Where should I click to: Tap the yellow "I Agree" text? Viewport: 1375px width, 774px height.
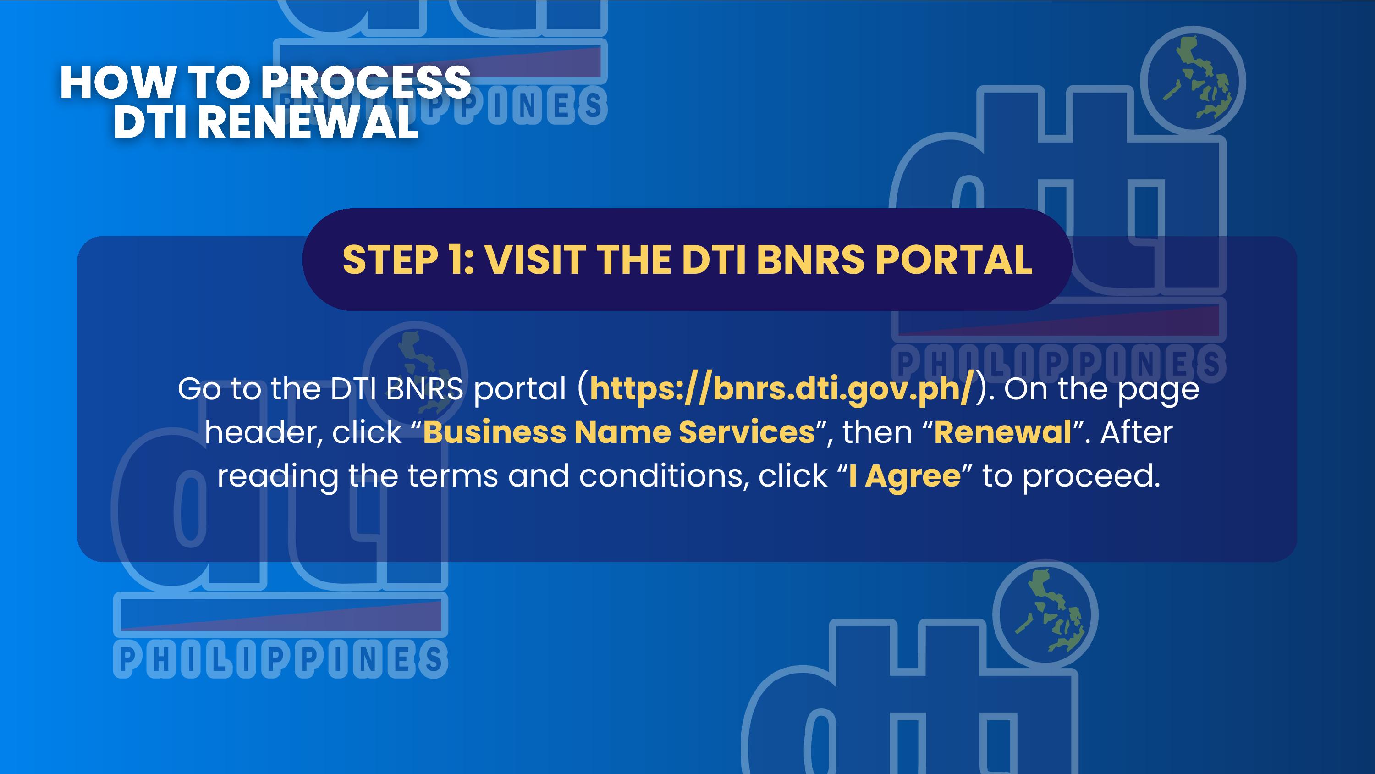point(905,476)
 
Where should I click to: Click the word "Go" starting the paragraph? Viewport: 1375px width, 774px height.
point(199,389)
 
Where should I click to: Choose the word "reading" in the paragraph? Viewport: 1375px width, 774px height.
point(278,476)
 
